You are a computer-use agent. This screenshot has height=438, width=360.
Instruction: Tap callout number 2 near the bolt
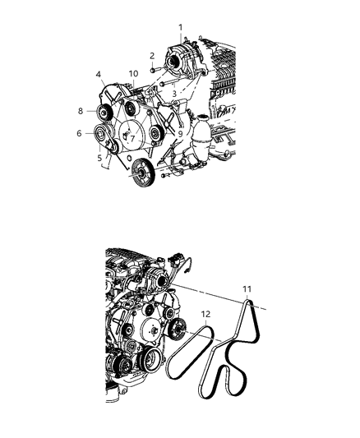(152, 56)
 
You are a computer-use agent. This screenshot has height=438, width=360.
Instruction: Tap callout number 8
(81, 110)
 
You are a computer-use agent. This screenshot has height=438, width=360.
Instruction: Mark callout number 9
(179, 132)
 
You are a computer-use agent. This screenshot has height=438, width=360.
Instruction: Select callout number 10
(133, 75)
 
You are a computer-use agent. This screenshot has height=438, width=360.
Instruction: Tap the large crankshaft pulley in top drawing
(144, 173)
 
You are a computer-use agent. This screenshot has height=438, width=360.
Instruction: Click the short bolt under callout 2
(154, 71)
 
